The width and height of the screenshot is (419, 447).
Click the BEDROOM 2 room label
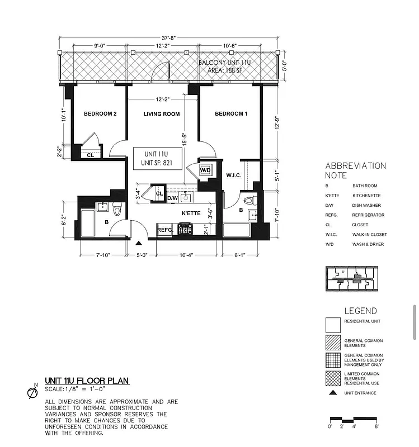point(100,114)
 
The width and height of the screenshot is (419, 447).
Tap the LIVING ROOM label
point(161,114)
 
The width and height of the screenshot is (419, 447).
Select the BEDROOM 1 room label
point(231,114)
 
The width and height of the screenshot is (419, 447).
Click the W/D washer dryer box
point(205,170)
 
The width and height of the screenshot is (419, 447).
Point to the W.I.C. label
point(233,175)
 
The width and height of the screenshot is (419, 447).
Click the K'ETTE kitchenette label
point(191,213)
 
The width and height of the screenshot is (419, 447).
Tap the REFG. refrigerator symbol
point(164,229)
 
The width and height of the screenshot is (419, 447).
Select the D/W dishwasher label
point(172,198)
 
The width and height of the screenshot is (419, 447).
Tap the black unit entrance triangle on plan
point(139,242)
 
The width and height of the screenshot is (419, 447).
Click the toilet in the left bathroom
point(117,210)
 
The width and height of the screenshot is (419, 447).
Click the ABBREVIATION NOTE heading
point(356,170)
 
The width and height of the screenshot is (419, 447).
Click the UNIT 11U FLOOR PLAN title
point(87,381)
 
